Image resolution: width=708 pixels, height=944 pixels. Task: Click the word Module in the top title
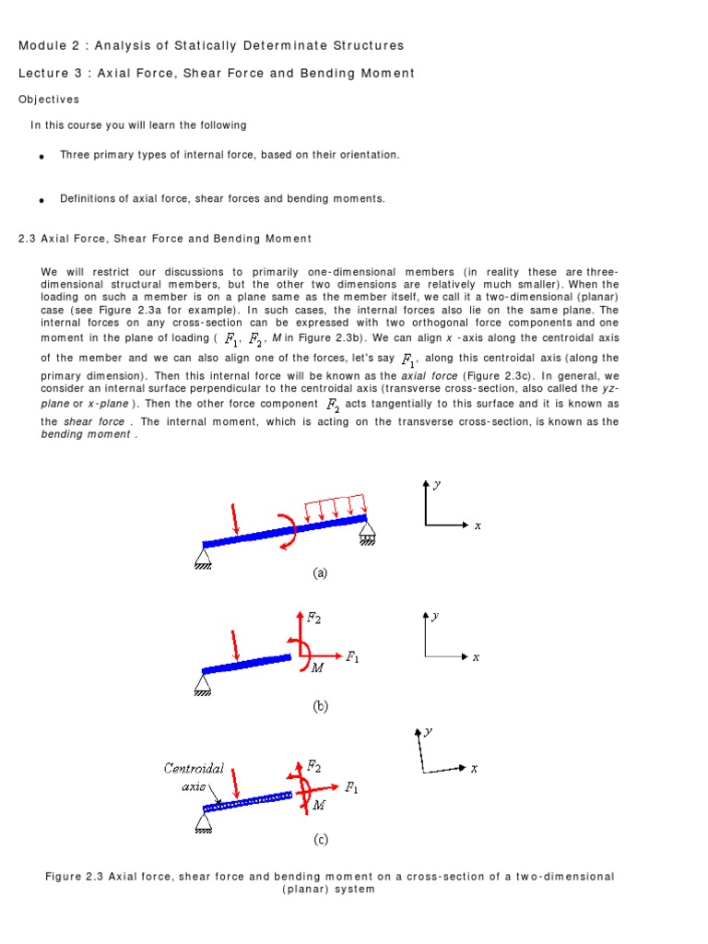click(x=41, y=45)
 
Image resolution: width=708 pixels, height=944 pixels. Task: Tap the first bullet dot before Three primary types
click(x=42, y=157)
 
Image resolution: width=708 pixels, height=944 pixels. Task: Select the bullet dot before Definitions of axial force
click(x=42, y=199)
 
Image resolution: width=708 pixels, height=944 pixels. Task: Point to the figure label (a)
click(x=320, y=573)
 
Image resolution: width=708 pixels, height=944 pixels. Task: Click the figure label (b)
click(x=320, y=707)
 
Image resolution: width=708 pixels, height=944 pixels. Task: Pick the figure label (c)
click(x=320, y=840)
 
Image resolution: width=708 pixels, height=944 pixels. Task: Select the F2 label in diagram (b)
click(x=314, y=619)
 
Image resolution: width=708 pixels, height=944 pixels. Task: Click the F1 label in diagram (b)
click(x=352, y=656)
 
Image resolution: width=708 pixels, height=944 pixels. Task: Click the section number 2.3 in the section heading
click(x=27, y=239)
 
